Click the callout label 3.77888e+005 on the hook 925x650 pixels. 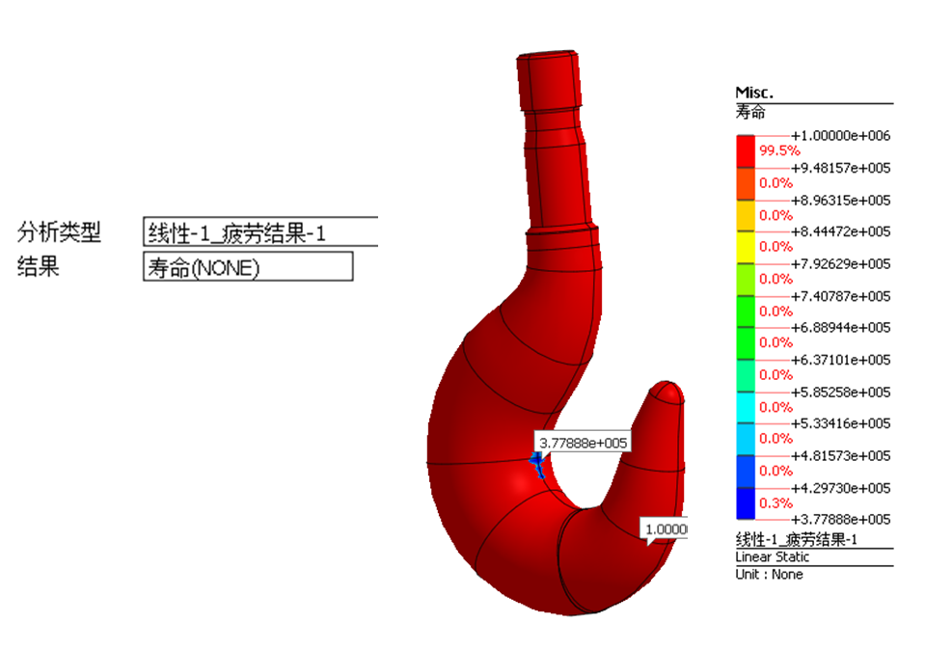point(583,443)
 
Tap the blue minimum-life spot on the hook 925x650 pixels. point(537,464)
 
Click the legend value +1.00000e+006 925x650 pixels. point(841,136)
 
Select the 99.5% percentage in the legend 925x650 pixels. point(779,151)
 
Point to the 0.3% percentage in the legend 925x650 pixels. point(775,503)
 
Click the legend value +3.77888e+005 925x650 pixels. point(841,519)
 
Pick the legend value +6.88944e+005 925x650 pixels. point(841,327)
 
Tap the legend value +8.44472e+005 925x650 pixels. point(841,231)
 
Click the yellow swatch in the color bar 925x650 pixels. point(746,247)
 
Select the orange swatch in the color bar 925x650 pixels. point(746,183)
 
